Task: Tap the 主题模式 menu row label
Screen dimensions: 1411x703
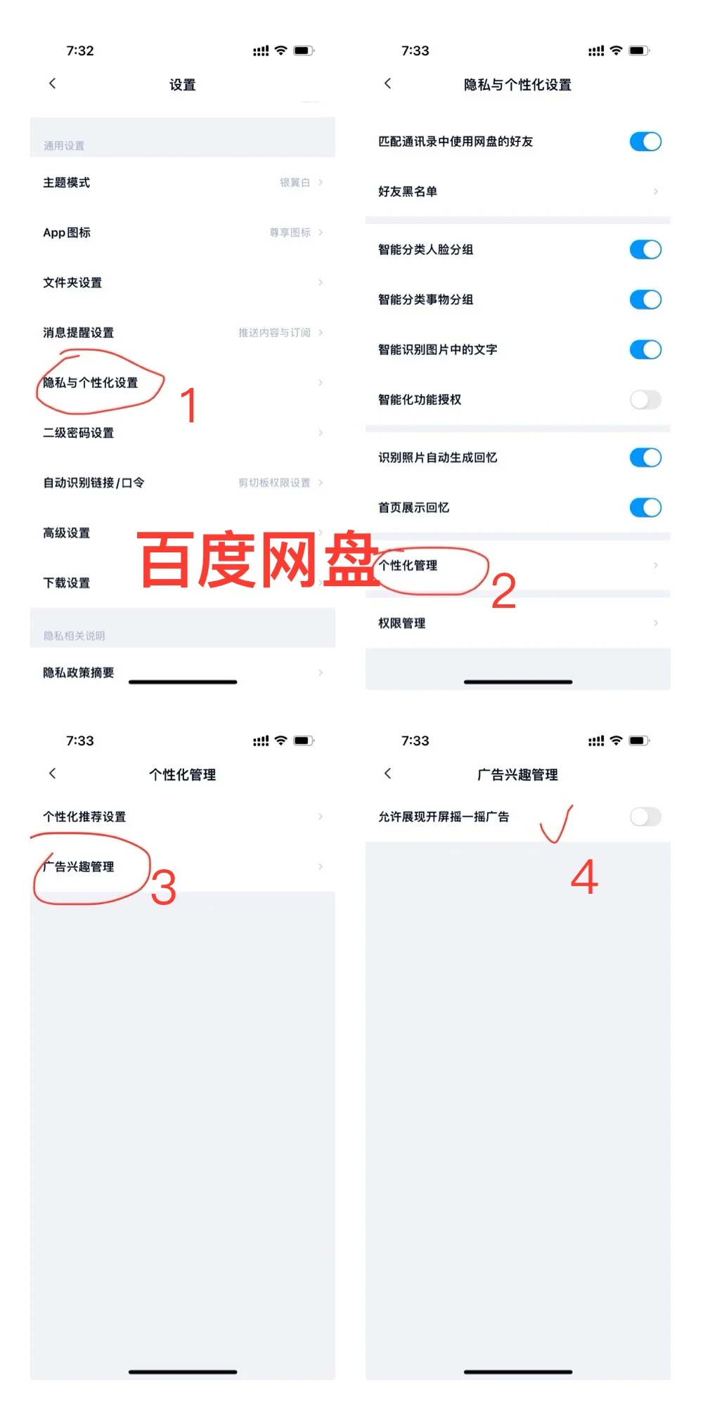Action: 67,183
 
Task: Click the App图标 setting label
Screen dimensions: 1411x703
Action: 67,233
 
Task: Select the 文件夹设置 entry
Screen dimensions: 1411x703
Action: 72,282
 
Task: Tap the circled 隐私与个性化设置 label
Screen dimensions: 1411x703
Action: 91,383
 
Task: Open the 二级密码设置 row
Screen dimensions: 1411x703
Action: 79,433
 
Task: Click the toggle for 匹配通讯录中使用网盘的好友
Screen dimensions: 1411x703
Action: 645,142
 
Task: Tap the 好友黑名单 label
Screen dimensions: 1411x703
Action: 408,192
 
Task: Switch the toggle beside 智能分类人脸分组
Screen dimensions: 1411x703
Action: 645,249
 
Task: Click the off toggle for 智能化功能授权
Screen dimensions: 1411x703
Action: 645,400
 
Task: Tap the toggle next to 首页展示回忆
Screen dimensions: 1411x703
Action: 645,507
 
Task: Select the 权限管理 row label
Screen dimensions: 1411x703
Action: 402,623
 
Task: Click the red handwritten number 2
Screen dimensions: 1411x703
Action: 503,592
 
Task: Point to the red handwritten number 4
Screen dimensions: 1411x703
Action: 584,877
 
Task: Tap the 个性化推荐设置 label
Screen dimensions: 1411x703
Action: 84,817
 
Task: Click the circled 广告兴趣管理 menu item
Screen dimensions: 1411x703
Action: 79,867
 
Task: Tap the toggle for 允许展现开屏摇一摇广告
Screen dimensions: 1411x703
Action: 645,817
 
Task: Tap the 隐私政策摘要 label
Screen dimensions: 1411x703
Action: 79,673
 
